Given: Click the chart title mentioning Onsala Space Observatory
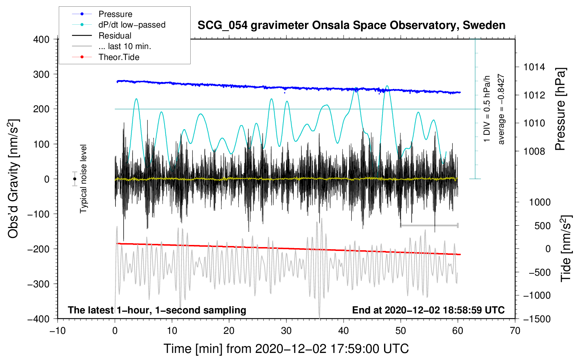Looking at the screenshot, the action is pos(351,25).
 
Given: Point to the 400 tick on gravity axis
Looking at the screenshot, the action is pos(41,40).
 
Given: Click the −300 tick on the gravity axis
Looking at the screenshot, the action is pos(38,284).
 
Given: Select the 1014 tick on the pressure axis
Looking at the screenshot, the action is pos(534,67).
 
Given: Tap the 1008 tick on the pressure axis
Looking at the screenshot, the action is pos(534,151).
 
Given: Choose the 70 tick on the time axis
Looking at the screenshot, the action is pos(515,331).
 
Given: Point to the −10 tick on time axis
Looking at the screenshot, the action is pos(58,331).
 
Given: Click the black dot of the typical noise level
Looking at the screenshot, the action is pos(74,179).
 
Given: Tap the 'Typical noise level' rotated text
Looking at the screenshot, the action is pos(83,179).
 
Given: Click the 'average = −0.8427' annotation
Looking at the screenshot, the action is pos(501,109).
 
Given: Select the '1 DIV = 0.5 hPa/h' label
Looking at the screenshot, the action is pos(486,109).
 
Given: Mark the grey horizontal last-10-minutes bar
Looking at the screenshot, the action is pos(429,225).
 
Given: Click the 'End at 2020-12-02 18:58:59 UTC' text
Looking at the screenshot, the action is pos(428,310).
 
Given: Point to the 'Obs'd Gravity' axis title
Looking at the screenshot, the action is pos(13,179).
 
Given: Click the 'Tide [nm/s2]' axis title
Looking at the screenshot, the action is pos(566,248).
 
